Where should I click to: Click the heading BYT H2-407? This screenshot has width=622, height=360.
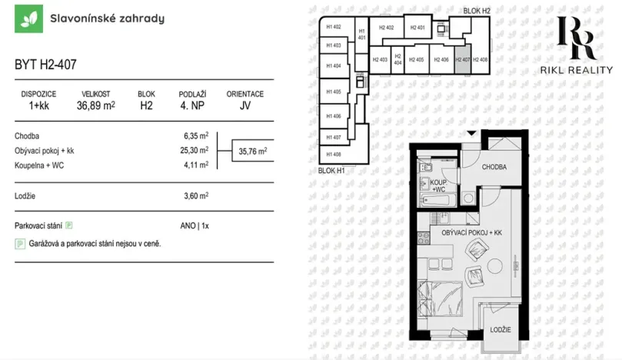(45, 66)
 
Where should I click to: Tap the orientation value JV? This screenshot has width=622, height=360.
(244, 106)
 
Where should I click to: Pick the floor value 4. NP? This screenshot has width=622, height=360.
(191, 106)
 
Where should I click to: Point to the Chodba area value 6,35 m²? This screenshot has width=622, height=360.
(194, 136)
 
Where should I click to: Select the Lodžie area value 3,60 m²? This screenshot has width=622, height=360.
(194, 196)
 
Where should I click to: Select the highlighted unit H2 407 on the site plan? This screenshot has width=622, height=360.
(462, 60)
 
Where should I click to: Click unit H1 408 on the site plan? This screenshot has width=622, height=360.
(334, 154)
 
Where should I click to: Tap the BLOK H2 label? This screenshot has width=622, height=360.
(477, 10)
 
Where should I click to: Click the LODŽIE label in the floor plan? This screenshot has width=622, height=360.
(500, 330)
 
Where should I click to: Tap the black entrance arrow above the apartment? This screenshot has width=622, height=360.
(472, 135)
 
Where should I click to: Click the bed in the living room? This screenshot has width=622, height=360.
(441, 301)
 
